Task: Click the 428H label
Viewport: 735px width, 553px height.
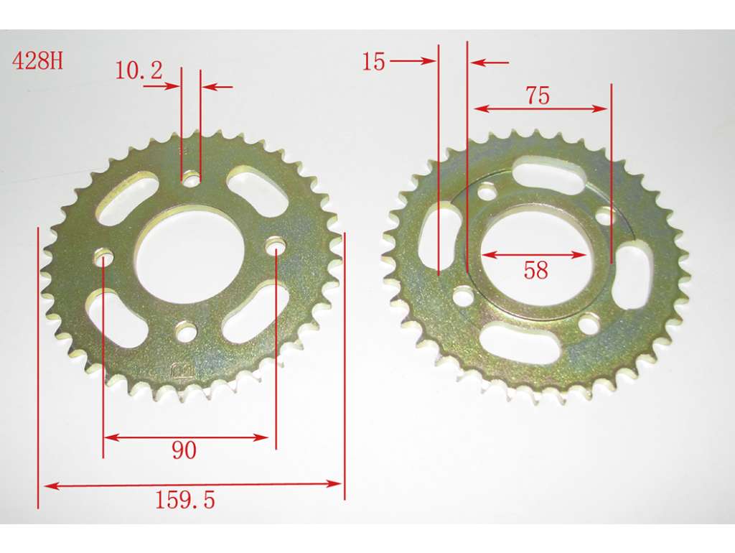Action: pos(37,60)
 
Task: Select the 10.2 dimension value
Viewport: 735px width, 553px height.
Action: pos(139,70)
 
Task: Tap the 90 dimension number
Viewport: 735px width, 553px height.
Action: pos(184,450)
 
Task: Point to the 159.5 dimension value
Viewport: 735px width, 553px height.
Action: pos(184,500)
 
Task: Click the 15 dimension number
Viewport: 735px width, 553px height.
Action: pos(373,62)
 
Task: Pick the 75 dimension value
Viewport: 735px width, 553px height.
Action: pos(537,96)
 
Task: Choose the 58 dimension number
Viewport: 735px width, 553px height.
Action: pos(535,270)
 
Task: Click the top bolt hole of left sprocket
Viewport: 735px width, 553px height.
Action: pos(191,178)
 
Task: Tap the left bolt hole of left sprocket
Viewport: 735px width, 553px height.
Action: pos(104,258)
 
